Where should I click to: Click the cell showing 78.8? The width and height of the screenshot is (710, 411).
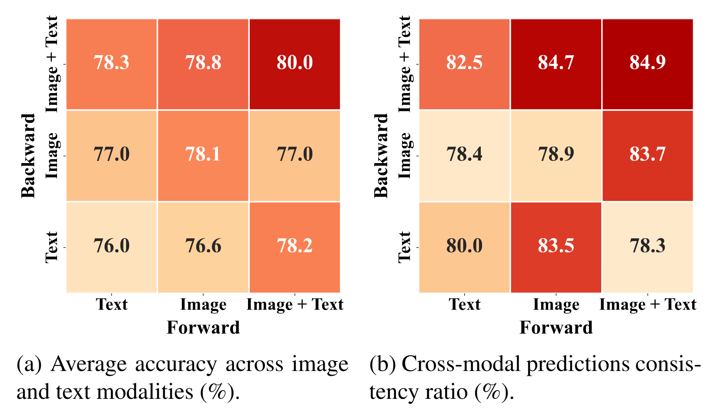point(203,63)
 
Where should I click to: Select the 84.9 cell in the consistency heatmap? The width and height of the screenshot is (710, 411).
point(647,63)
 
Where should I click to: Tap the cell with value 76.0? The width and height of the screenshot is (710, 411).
point(112,246)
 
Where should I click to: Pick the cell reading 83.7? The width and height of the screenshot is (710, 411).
point(647,154)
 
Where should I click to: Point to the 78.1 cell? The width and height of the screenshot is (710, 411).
point(203,154)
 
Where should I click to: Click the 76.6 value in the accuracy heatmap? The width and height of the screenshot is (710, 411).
point(203,246)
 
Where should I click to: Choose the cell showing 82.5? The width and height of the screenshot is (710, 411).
point(464,63)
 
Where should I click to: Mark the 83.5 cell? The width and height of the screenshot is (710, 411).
point(556,246)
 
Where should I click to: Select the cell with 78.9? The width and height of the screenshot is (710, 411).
point(556,154)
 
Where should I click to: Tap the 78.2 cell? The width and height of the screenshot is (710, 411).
point(295,246)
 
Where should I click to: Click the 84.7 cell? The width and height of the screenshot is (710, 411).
point(556,63)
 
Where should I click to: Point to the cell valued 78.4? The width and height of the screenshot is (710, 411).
point(464,154)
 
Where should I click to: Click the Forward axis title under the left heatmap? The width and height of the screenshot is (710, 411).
point(203,327)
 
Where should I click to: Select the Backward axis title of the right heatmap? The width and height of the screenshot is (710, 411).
point(381,156)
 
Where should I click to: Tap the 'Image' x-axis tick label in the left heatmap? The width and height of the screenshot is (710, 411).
point(203,305)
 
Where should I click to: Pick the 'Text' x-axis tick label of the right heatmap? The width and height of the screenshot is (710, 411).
point(465,304)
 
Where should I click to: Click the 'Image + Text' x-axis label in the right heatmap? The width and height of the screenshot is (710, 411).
point(647,305)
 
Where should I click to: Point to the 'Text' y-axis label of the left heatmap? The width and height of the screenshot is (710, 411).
point(52,247)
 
